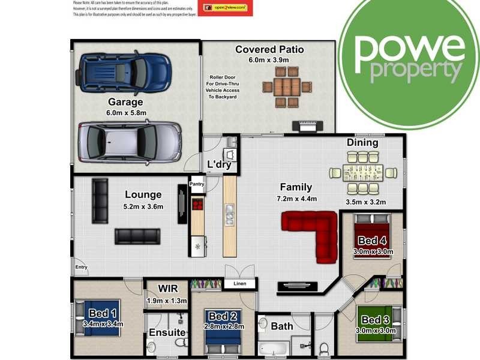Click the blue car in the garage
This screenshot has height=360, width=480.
tap(125, 71)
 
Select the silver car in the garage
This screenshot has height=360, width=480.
tap(130, 142)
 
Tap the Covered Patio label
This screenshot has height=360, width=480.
tap(269, 49)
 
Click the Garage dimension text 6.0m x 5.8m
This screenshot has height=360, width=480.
tap(125, 112)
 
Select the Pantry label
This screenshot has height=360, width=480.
tap(197, 184)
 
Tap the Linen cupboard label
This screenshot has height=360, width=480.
tap(239, 284)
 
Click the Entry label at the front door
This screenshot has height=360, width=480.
tap(80, 268)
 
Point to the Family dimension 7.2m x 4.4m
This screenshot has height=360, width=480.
tap(296, 199)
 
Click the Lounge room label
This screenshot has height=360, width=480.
tap(143, 194)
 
